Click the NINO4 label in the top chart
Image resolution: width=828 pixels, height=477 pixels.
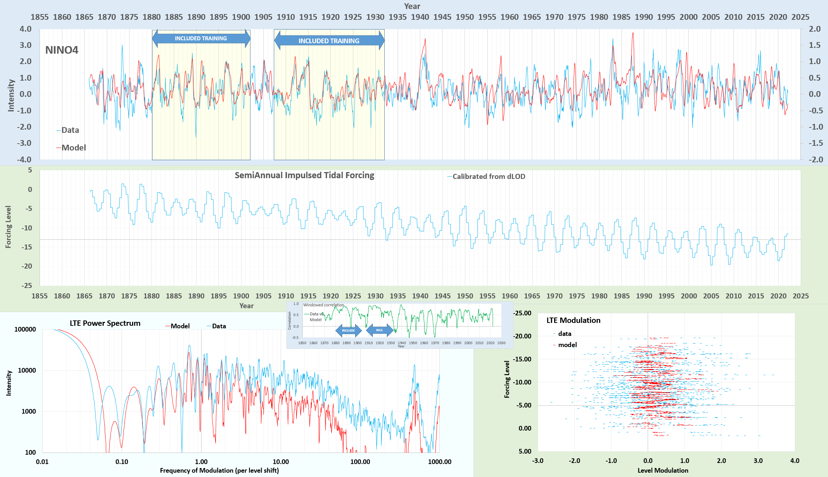62,50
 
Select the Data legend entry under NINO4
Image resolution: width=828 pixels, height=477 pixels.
70,130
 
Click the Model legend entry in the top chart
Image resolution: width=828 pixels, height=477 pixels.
73,148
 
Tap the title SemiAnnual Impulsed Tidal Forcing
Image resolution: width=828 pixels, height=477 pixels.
304,175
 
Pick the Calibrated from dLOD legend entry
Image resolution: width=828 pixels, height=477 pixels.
488,177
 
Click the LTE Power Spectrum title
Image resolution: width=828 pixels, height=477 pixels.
105,323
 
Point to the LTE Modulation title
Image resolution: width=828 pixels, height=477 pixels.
573,320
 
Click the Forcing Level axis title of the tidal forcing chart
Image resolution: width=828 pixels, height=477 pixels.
8,227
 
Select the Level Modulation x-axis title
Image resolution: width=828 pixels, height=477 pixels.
663,471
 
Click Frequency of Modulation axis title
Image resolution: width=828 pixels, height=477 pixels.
219,471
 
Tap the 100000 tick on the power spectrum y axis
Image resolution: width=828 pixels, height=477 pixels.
25,329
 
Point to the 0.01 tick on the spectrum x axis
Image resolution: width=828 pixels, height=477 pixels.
42,462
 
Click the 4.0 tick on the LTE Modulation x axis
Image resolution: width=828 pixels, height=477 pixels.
795,461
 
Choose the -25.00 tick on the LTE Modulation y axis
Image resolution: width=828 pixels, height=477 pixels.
522,313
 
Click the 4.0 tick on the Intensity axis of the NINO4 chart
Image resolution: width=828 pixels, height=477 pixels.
25,29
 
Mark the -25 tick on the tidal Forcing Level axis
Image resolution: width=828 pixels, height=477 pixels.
27,285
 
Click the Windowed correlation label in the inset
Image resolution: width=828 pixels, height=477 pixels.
323,305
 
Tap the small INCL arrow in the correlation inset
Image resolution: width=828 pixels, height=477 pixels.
380,330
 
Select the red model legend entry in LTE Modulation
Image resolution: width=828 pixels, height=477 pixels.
567,345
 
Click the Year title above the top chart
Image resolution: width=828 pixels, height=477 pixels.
412,6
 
